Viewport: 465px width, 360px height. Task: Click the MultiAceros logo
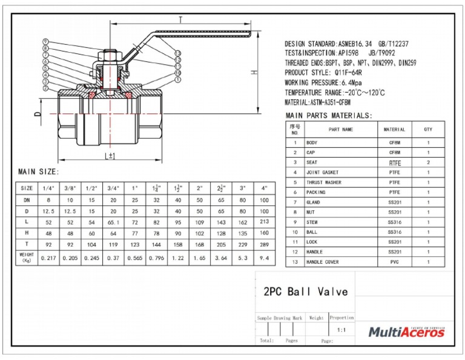(406, 332)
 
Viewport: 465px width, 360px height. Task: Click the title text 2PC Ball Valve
(306, 292)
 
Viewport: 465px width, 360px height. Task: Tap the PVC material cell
(394, 262)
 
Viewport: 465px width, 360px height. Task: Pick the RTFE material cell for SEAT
(394, 163)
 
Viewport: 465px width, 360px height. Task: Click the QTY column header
(428, 129)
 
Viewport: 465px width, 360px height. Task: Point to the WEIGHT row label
(27, 258)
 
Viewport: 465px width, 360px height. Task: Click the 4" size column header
(264, 188)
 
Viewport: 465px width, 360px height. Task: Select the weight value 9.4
(264, 258)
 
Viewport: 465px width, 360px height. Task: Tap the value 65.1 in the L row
(113, 223)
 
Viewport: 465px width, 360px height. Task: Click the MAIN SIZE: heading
(38, 172)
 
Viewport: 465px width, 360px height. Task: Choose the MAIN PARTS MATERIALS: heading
(329, 115)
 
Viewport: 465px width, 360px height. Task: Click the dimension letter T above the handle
(180, 20)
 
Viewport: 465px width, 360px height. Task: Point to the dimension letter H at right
(256, 72)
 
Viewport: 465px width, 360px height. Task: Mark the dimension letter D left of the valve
(37, 113)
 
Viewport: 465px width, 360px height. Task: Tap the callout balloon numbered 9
(46, 41)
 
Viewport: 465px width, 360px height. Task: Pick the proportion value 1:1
(341, 330)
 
